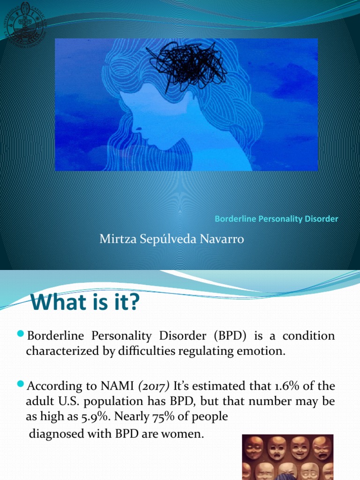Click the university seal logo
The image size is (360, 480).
(x=25, y=24)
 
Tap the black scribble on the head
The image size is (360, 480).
(x=187, y=65)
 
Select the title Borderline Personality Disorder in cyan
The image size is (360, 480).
(x=276, y=219)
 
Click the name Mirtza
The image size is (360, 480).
(x=118, y=239)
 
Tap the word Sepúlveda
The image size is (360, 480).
(x=168, y=239)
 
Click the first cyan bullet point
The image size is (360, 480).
(x=21, y=333)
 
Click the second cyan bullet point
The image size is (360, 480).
(x=21, y=383)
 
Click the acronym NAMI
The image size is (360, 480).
(x=117, y=386)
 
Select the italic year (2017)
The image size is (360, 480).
(x=154, y=386)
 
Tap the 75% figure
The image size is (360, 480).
(x=164, y=416)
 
